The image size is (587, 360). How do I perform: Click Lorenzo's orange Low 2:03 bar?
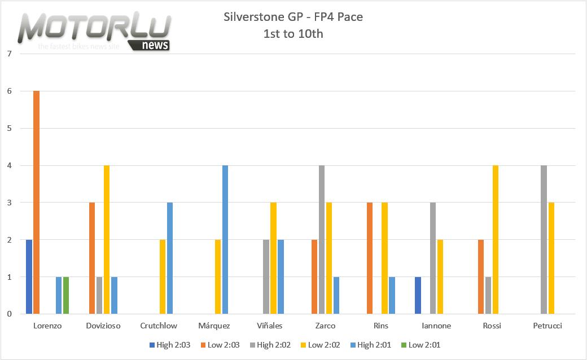tap(37, 202)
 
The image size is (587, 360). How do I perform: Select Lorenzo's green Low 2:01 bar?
tap(66, 295)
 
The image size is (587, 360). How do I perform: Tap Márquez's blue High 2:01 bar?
tap(225, 239)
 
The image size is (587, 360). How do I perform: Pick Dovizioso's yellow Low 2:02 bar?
tap(107, 239)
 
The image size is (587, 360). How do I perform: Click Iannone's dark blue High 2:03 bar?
tap(418, 295)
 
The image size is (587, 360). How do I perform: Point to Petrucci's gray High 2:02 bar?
tap(544, 239)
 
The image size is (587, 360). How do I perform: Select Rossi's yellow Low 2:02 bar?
tap(496, 239)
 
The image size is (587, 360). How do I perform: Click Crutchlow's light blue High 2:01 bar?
tap(170, 258)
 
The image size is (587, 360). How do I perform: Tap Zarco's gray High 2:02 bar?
tap(322, 239)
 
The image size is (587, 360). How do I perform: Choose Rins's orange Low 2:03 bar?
tap(369, 258)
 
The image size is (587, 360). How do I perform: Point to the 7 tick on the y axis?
tap(8, 54)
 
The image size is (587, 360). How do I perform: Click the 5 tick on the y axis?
tap(8, 128)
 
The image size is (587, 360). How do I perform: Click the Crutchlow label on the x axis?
tap(159, 326)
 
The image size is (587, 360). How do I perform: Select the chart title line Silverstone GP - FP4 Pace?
tap(293, 17)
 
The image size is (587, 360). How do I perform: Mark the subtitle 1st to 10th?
tap(293, 33)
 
